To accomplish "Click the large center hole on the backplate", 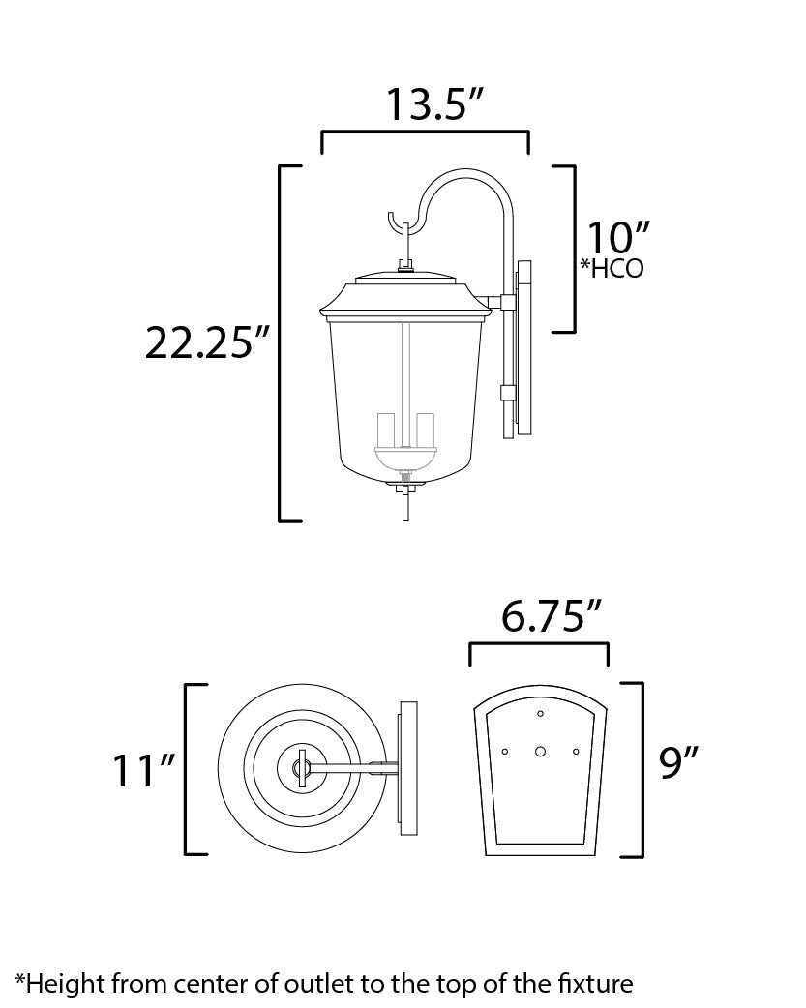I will [x=540, y=751].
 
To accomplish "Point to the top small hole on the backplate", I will [x=540, y=714].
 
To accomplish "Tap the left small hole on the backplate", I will [x=505, y=751].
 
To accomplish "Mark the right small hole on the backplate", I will [x=576, y=751].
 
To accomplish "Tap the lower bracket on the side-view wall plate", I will [x=505, y=393].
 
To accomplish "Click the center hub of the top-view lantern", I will [x=300, y=770].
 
